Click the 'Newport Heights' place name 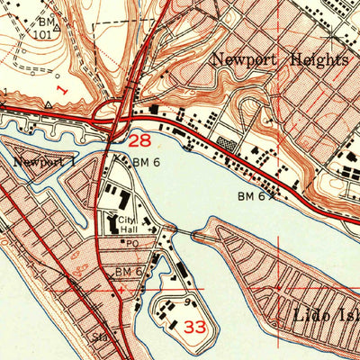point(279,60)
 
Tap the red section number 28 point(139,141)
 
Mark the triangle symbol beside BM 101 point(56,28)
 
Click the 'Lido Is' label point(325,316)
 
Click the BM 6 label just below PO point(129,271)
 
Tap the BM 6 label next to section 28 point(145,163)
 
